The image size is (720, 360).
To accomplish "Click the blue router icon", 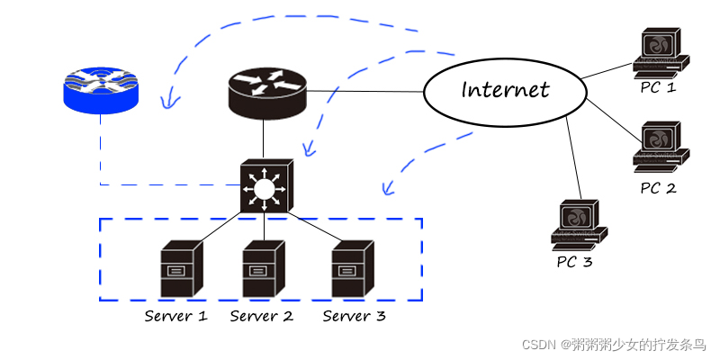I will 100,92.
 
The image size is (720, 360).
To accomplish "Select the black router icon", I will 267,90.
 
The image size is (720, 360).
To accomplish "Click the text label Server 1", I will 176,316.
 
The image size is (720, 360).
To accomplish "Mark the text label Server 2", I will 262,316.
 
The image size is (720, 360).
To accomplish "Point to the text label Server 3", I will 354,316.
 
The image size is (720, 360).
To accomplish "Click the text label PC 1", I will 658,87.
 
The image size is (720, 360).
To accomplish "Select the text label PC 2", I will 658,188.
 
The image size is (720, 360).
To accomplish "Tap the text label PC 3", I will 574,262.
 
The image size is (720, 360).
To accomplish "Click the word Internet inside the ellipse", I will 504,90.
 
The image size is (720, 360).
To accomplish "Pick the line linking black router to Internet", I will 364,92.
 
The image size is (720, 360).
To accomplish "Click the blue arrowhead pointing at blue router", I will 165,102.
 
